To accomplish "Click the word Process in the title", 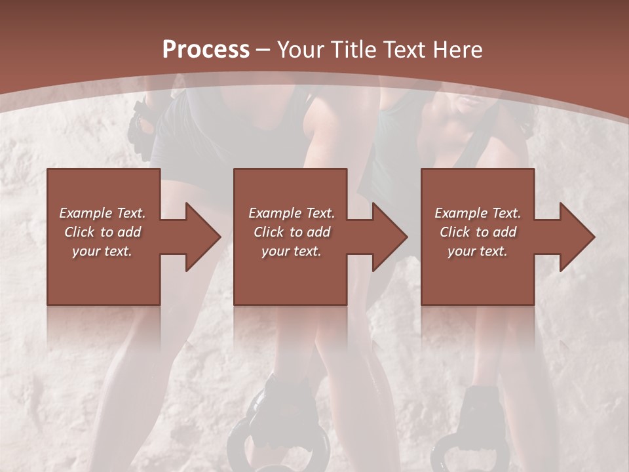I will pyautogui.click(x=206, y=50).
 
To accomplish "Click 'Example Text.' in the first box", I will pyautogui.click(x=102, y=213).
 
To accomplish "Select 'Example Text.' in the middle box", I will pyautogui.click(x=291, y=213).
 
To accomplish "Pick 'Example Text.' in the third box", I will pyautogui.click(x=478, y=213).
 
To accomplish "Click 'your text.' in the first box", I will pyautogui.click(x=102, y=251).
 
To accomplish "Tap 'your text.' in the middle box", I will pyautogui.click(x=291, y=251).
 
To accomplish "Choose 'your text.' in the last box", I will pyautogui.click(x=478, y=251).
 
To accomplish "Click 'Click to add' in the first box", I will pyautogui.click(x=102, y=232).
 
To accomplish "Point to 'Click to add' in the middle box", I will pyautogui.click(x=291, y=232).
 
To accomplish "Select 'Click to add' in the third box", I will pyautogui.click(x=478, y=232).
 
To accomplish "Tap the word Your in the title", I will pyautogui.click(x=298, y=50).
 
